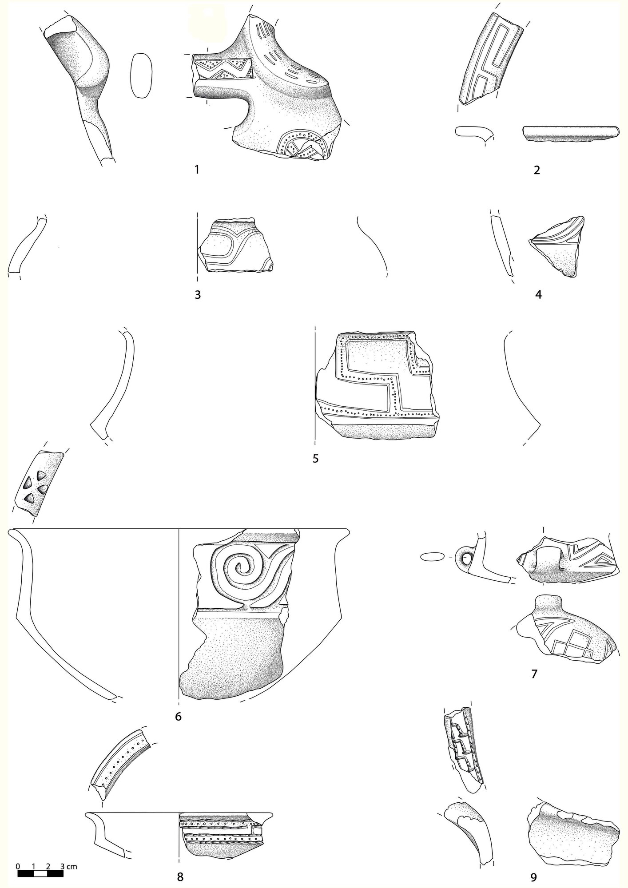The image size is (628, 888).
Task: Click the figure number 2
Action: (537, 170)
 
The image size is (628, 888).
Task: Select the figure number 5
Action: (315, 458)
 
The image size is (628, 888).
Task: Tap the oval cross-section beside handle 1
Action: (141, 75)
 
